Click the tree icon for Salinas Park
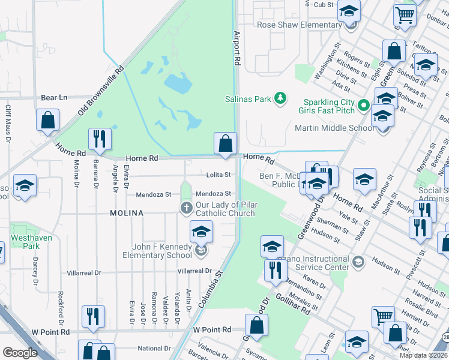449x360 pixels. click(x=280, y=98)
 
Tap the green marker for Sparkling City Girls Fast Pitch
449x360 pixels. click(x=363, y=106)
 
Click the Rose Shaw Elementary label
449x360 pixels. click(x=299, y=25)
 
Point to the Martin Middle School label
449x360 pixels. click(x=334, y=128)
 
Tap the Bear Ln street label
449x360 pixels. click(x=54, y=97)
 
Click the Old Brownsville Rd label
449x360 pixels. click(x=101, y=91)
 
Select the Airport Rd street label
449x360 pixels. click(x=237, y=48)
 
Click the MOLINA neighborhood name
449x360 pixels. click(x=126, y=213)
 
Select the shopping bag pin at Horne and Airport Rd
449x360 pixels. click(x=225, y=144)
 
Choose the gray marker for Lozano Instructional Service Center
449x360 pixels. click(x=358, y=261)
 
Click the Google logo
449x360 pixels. click(x=20, y=353)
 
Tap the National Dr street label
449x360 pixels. click(x=154, y=348)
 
